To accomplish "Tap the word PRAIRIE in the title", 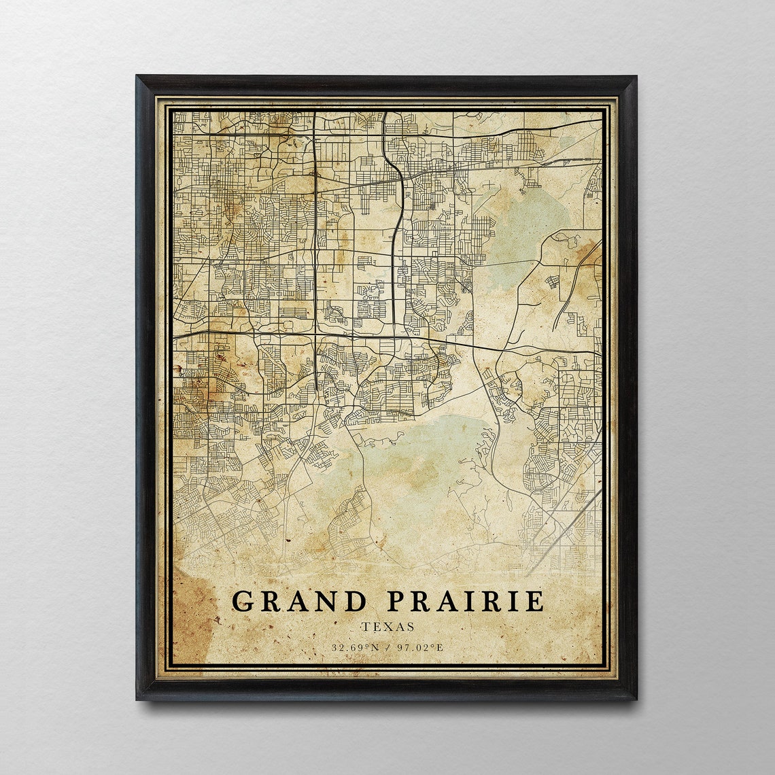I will pyautogui.click(x=466, y=601).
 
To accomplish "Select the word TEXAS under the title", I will pyautogui.click(x=387, y=627).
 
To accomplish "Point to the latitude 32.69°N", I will pyautogui.click(x=354, y=647).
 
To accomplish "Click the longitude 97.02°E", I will pyautogui.click(x=420, y=647).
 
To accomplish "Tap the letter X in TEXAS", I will pyautogui.click(x=387, y=627).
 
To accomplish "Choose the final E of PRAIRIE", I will pyautogui.click(x=536, y=601).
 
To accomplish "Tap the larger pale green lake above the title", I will pyautogui.click(x=421, y=469).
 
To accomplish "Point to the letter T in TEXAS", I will pyautogui.click(x=365, y=627).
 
